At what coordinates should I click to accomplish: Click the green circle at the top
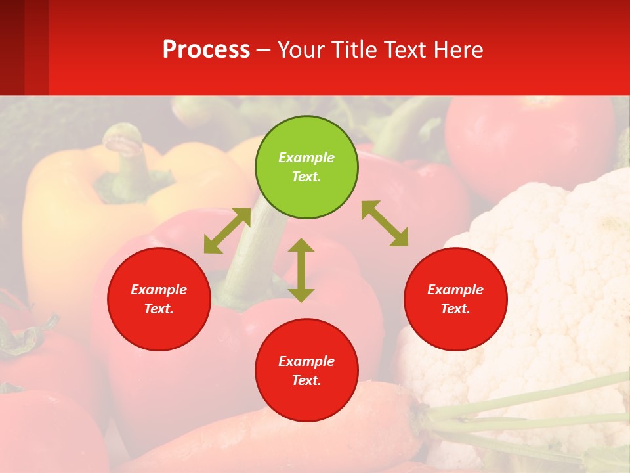(306, 167)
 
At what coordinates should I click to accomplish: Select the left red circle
(159, 299)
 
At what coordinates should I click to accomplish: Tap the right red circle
(455, 299)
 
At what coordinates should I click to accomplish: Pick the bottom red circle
(306, 371)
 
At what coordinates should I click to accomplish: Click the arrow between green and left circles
(227, 231)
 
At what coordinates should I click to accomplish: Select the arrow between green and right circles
(385, 223)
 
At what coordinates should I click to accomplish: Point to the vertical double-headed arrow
(301, 270)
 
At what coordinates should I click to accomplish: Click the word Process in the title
(206, 49)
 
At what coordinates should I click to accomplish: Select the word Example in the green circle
(306, 158)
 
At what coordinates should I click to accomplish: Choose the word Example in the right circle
(455, 290)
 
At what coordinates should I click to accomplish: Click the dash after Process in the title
(263, 50)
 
